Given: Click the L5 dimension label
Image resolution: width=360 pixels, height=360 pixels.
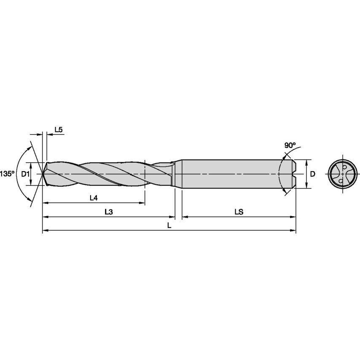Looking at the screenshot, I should point(58,130).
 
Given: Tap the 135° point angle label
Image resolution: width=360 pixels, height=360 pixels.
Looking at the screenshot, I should point(6,174).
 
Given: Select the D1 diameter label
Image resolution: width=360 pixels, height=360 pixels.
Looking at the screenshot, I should point(24,174).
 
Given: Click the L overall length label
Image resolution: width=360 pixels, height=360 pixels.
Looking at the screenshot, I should point(169,226).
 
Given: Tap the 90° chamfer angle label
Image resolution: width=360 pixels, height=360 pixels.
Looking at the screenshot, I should point(290,145).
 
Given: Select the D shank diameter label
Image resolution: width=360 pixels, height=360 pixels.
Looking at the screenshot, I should point(312,174).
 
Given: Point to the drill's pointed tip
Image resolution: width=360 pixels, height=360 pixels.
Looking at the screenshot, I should point(43,173).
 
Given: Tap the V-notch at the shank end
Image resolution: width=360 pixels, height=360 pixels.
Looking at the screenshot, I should point(294,173).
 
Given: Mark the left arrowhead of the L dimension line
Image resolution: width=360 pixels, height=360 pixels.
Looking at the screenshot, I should point(45,231).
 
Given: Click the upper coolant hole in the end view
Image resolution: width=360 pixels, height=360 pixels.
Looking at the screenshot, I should point(344,167).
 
